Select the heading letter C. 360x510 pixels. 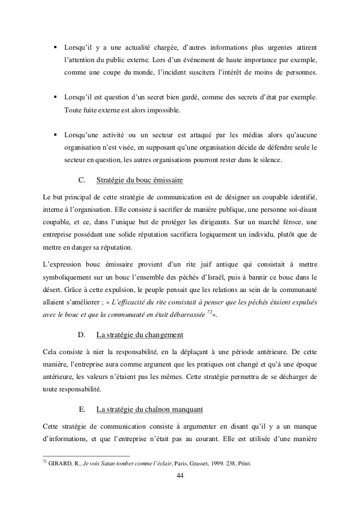[81, 181]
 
